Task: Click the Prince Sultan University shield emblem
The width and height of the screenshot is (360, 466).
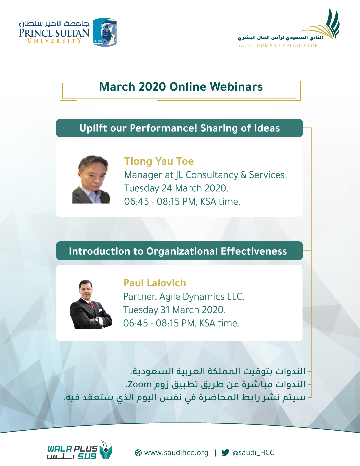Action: (x=105, y=32)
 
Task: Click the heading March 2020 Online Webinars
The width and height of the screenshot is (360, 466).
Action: (x=181, y=87)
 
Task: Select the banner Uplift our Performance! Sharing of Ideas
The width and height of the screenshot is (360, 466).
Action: (x=179, y=128)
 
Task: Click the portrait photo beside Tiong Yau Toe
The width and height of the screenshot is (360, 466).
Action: (x=91, y=179)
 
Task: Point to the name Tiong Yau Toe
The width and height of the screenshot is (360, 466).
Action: (x=159, y=161)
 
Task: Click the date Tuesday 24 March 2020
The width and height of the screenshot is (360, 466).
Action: (x=176, y=188)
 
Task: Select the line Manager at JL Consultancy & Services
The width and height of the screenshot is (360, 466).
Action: (x=205, y=175)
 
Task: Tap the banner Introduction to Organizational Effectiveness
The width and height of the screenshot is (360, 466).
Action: (x=179, y=251)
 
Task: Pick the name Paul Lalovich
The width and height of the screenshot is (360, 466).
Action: (x=155, y=283)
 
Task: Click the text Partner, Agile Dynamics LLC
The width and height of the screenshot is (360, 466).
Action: (x=184, y=297)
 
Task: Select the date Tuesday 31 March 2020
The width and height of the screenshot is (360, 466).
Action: (x=175, y=310)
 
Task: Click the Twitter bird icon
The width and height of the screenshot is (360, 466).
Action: (x=225, y=452)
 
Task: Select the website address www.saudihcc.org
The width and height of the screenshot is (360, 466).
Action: (x=176, y=453)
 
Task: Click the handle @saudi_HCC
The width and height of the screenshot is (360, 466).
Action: (x=253, y=453)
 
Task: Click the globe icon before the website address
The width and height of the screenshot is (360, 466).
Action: (x=138, y=453)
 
